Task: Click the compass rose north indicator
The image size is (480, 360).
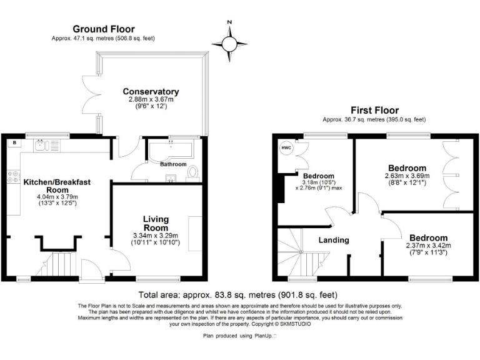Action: (229, 42)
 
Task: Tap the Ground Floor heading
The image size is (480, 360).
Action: (104, 29)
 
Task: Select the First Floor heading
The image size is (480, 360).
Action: (374, 109)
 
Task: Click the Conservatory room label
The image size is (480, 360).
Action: (151, 92)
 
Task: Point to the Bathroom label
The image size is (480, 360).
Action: (173, 164)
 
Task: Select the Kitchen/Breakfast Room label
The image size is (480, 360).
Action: (57, 186)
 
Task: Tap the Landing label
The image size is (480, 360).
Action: (333, 240)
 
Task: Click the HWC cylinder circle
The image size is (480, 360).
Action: (286, 148)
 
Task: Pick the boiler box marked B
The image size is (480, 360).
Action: (13, 143)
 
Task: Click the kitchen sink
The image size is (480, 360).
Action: (43, 146)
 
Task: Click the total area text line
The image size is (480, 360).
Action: (237, 295)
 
